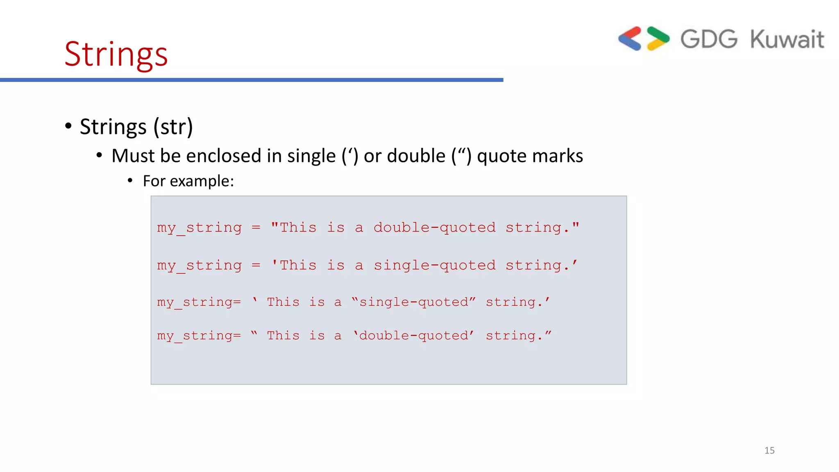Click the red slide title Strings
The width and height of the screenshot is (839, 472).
(x=116, y=54)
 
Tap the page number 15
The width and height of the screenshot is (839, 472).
(x=769, y=450)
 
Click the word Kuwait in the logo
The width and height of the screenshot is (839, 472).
(x=787, y=39)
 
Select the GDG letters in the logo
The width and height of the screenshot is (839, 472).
(x=709, y=39)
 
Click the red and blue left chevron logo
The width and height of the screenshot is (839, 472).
(x=630, y=39)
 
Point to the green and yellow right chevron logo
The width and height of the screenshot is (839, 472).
(x=658, y=39)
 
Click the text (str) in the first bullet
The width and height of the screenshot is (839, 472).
(x=173, y=127)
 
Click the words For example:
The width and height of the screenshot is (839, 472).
(x=188, y=181)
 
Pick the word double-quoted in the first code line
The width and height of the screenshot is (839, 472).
(x=434, y=227)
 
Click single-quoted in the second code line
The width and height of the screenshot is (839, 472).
(x=434, y=265)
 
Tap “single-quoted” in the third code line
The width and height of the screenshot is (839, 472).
(x=414, y=302)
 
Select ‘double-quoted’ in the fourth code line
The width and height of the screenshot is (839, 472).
(x=414, y=336)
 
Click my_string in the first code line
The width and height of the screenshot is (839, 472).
(x=200, y=228)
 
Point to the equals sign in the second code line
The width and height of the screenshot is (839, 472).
(x=256, y=265)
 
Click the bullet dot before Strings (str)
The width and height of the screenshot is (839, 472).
(x=68, y=126)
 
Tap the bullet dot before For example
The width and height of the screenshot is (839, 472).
(x=130, y=181)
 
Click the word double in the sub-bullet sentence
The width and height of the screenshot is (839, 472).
(x=416, y=156)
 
